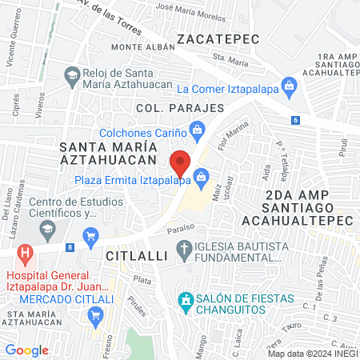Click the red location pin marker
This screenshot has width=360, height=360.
point(181,162)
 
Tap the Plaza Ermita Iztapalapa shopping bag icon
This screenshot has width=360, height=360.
point(202,175)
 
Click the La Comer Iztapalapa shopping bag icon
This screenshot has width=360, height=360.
point(289,85)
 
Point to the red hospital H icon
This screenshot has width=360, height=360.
point(26,254)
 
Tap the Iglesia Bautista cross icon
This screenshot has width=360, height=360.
point(186,250)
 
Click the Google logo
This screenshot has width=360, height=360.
point(27,350)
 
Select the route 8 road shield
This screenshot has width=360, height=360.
point(70,247)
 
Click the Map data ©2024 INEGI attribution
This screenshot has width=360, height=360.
point(312,354)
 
